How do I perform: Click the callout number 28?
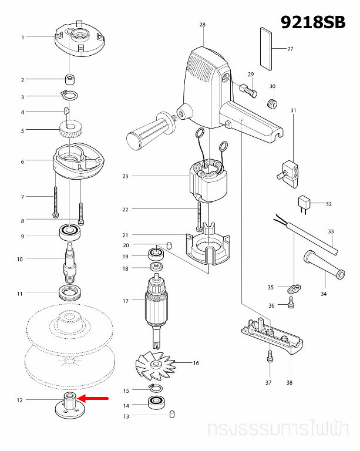tap(203, 25)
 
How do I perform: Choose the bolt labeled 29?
tap(248, 90)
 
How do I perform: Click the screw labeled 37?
tap(269, 356)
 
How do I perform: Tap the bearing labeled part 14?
tap(157, 403)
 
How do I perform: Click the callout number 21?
tap(125, 235)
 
